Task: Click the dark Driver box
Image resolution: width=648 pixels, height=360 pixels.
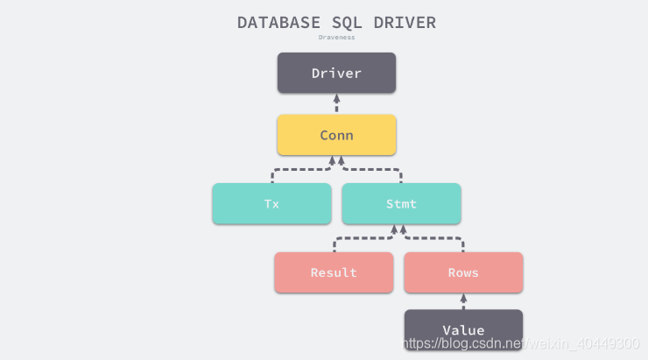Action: point(336,73)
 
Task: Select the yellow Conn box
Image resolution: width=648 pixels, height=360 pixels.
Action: point(336,135)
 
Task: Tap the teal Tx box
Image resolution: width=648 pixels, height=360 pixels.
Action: point(271,203)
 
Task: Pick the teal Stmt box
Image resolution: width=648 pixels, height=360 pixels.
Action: point(401,203)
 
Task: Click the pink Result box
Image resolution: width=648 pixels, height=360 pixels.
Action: point(334,272)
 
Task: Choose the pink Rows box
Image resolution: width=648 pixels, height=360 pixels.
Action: point(463,272)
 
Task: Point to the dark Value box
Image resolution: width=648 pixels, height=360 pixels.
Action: point(463,329)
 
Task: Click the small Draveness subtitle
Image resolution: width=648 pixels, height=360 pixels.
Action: point(336,38)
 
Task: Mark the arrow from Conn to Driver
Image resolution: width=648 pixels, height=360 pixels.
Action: point(336,104)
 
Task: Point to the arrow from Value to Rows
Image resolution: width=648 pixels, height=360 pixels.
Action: point(463,301)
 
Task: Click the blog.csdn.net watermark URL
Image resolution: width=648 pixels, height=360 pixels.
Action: point(520,342)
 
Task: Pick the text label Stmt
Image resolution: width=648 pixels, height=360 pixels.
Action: point(401,203)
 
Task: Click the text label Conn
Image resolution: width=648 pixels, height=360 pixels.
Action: point(336,135)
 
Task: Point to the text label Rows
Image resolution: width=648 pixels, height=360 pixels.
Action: point(463,272)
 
